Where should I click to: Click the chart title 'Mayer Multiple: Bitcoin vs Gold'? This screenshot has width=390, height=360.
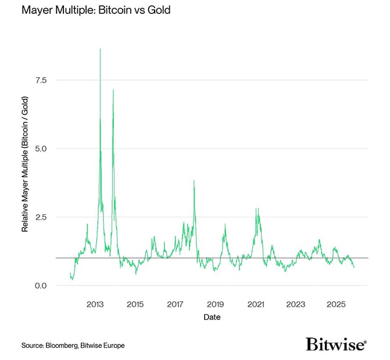click(88, 11)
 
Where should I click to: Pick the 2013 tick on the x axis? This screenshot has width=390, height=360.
click(95, 304)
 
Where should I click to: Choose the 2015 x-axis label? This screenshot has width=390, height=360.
click(135, 304)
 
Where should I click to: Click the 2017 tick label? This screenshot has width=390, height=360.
click(175, 304)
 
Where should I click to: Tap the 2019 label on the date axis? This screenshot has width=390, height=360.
click(215, 304)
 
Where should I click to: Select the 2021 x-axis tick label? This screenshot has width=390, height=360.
click(256, 304)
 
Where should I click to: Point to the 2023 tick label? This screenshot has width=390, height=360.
click(296, 304)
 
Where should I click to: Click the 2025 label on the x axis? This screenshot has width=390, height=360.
click(336, 304)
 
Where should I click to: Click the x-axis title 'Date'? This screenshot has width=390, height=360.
click(212, 318)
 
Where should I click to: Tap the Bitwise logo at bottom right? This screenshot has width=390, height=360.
click(336, 344)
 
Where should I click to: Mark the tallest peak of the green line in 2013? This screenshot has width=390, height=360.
click(100, 49)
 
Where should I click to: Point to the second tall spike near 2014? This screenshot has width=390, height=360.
click(113, 89)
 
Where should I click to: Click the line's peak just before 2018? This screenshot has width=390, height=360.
click(194, 181)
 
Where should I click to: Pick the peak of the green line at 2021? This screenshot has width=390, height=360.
click(256, 208)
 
